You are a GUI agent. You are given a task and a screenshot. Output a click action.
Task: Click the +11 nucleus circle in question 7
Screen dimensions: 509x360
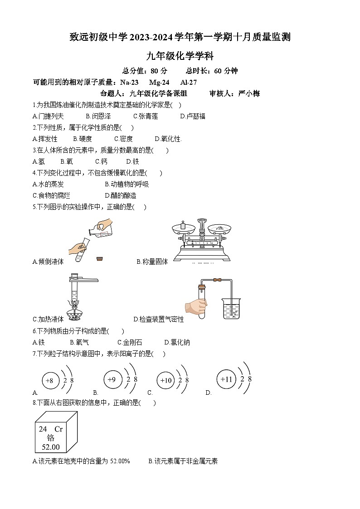pyautogui.click(x=226, y=379)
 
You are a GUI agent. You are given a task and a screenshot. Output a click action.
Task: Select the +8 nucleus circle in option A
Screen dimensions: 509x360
pyautogui.click(x=50, y=381)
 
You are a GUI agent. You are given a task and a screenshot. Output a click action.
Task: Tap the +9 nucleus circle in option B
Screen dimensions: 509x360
pyautogui.click(x=112, y=379)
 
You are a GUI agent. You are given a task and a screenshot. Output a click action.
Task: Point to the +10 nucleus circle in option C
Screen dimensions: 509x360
pyautogui.click(x=166, y=380)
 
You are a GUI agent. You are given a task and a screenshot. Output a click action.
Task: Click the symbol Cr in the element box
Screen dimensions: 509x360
pyautogui.click(x=58, y=429)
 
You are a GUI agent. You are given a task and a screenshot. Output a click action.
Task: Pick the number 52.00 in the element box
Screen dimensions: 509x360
pyautogui.click(x=50, y=447)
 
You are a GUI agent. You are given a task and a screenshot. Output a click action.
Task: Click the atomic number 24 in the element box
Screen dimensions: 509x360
pyautogui.click(x=43, y=429)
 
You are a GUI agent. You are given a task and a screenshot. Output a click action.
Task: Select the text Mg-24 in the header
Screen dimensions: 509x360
pyautogui.click(x=159, y=82)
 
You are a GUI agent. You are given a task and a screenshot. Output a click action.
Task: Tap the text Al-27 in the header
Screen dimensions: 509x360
pyautogui.click(x=189, y=82)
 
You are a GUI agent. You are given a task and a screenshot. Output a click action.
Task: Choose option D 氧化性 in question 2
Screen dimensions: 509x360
pyautogui.click(x=168, y=139)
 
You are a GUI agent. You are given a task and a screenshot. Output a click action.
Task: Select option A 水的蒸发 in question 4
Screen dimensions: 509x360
pyautogui.click(x=48, y=184)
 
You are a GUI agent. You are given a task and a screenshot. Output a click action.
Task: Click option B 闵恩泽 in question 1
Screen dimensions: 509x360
pyautogui.click(x=98, y=116)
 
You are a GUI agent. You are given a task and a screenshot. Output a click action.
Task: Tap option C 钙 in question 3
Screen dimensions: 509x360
pyautogui.click(x=101, y=161)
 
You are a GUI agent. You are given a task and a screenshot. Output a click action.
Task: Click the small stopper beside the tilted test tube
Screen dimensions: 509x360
pyautogui.click(x=99, y=258)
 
